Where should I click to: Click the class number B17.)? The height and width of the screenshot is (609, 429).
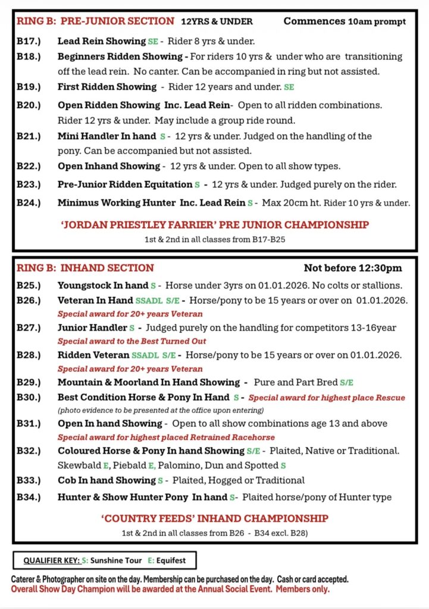29,42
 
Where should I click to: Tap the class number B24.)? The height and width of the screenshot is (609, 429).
29,203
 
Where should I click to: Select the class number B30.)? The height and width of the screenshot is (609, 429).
29,397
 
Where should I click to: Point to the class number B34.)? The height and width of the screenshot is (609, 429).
29,497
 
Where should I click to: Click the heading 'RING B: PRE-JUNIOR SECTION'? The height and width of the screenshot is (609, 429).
95,21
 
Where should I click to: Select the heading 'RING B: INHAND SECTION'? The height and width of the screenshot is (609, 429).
85,268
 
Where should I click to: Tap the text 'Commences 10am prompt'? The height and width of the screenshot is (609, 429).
345,21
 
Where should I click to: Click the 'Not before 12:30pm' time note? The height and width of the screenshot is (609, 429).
352,268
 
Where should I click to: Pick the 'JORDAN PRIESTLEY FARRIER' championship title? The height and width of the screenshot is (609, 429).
214,225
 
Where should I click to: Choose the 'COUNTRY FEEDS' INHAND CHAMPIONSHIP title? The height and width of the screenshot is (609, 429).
214,518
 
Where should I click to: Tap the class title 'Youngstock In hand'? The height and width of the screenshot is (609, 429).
102,285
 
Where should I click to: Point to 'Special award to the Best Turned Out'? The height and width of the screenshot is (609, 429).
132,341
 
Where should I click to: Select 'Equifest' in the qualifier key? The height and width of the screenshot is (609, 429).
171,560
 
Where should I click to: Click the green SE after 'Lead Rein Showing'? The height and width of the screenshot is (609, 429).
153,42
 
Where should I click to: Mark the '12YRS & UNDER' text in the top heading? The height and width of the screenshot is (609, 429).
217,22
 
